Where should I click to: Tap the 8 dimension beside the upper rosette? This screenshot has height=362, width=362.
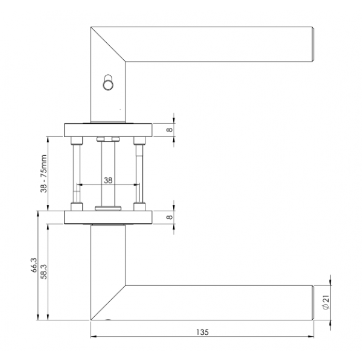(x=170, y=129)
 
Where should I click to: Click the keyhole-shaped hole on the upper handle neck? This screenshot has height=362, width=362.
(x=108, y=82)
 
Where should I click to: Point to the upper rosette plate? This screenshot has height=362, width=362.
(x=107, y=129)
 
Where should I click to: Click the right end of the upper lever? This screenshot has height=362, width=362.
(x=312, y=44)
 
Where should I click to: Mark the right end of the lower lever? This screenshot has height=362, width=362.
(x=312, y=302)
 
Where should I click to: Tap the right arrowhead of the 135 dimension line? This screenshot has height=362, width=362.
(x=313, y=337)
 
